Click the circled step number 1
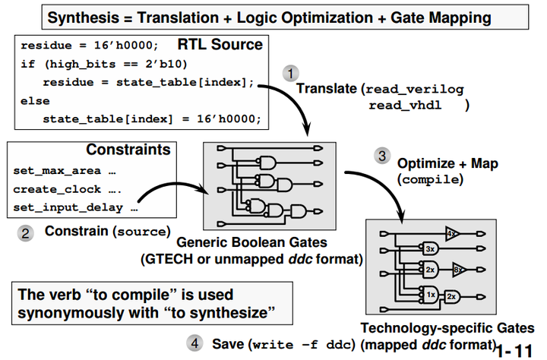pyautogui.click(x=290, y=74)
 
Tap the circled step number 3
pyautogui.click(x=382, y=156)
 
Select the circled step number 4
pyautogui.click(x=194, y=343)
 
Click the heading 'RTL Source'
pyautogui.click(x=221, y=45)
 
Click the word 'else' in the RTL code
pyautogui.click(x=36, y=100)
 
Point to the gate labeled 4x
pyautogui.click(x=453, y=233)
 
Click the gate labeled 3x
pyautogui.click(x=429, y=248)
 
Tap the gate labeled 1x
pyautogui.click(x=430, y=294)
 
